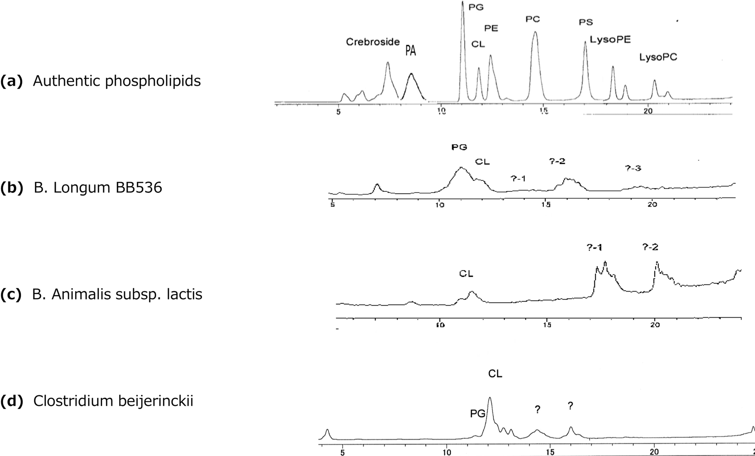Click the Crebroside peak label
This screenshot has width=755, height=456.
[x=372, y=42]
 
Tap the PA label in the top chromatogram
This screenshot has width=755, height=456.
[x=410, y=51]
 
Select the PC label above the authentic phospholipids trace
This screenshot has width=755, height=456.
[x=533, y=19]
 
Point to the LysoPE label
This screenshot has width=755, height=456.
[x=610, y=40]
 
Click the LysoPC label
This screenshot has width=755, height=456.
[x=658, y=57]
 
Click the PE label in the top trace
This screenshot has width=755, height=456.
[x=491, y=28]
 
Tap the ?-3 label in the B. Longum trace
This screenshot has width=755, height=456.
[x=633, y=168]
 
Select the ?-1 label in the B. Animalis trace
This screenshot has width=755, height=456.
[x=594, y=248]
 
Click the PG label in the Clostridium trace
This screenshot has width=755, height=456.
[x=478, y=414]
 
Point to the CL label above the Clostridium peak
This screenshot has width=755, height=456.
[x=495, y=374]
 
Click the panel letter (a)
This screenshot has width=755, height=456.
[x=11, y=81]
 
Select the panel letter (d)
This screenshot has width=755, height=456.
[x=11, y=401]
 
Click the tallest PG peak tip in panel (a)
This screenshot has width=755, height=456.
[x=463, y=2]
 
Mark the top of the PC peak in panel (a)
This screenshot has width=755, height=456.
[x=535, y=32]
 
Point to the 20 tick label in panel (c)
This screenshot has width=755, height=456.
[x=655, y=326]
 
